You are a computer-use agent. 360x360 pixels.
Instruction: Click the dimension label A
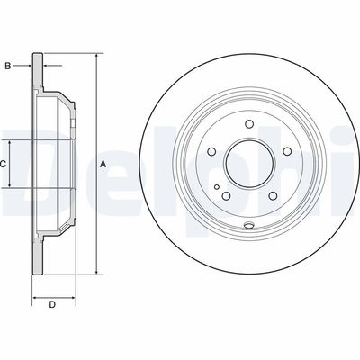point(103,164)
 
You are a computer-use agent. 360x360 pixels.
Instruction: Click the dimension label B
point(8,66)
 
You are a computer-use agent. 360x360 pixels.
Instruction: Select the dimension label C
point(3,164)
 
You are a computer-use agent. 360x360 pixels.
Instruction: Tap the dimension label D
point(52,305)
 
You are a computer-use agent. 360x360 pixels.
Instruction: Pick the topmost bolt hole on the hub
point(249,124)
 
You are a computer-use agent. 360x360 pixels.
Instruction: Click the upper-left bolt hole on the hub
point(211,151)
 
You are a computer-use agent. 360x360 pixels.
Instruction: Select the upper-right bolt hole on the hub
point(287,151)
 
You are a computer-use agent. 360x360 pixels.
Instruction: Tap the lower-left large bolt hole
point(226,195)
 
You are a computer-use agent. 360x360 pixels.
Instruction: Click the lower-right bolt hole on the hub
point(273,195)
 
